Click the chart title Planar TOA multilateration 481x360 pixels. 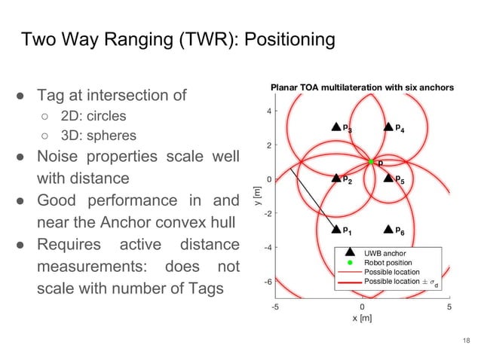(x=362, y=88)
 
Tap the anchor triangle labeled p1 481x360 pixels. (x=336, y=229)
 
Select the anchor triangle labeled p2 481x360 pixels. (x=336, y=178)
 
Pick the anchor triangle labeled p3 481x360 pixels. (x=336, y=127)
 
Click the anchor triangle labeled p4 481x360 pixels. (x=388, y=127)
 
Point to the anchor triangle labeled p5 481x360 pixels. (x=388, y=178)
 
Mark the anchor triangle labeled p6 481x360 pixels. (x=388, y=229)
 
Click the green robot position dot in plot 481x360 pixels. (x=371, y=161)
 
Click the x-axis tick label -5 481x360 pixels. (x=276, y=307)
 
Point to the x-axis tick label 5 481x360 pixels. (x=449, y=307)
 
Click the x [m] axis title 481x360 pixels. (x=363, y=318)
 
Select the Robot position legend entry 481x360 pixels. (x=391, y=263)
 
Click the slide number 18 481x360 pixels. (x=466, y=342)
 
